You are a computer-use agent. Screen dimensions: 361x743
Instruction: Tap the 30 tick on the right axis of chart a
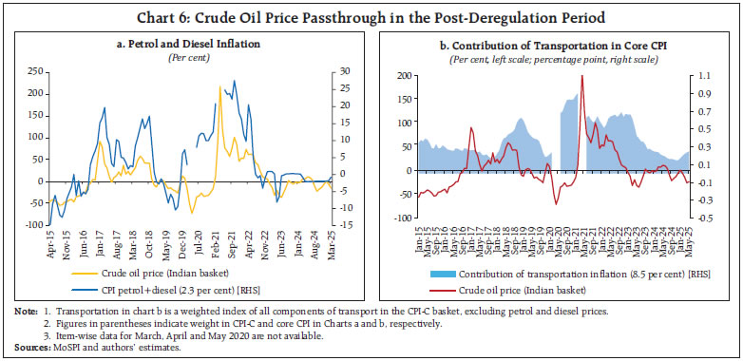click(348, 71)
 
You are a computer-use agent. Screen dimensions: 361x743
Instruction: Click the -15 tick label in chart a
click(350, 224)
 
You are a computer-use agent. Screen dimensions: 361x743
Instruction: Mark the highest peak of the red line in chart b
click(581, 75)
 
